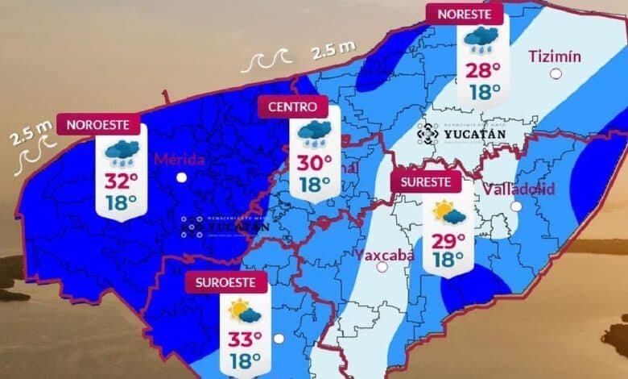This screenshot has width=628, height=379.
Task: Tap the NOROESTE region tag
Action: pyautogui.click(x=103, y=125)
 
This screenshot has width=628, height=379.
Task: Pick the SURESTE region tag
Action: pyautogui.click(x=427, y=181)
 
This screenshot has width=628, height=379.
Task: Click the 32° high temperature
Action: pyautogui.click(x=121, y=179)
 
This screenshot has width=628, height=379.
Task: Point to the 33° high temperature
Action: pyautogui.click(x=245, y=339)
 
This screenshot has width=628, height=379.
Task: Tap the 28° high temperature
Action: pyautogui.click(x=481, y=69)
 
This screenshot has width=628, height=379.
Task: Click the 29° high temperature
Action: pyautogui.click(x=448, y=239)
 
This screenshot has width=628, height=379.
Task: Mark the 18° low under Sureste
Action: pyautogui.click(x=448, y=260)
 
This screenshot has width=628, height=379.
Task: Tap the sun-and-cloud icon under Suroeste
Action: pyautogui.click(x=245, y=310)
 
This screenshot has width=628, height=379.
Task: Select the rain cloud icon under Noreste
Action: pyautogui.click(x=481, y=39)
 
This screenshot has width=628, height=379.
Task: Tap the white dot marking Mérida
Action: pyautogui.click(x=182, y=177)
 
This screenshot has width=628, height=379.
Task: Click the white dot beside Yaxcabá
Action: pyautogui.click(x=382, y=266)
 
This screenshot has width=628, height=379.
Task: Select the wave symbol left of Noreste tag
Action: pyautogui.click(x=269, y=61)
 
